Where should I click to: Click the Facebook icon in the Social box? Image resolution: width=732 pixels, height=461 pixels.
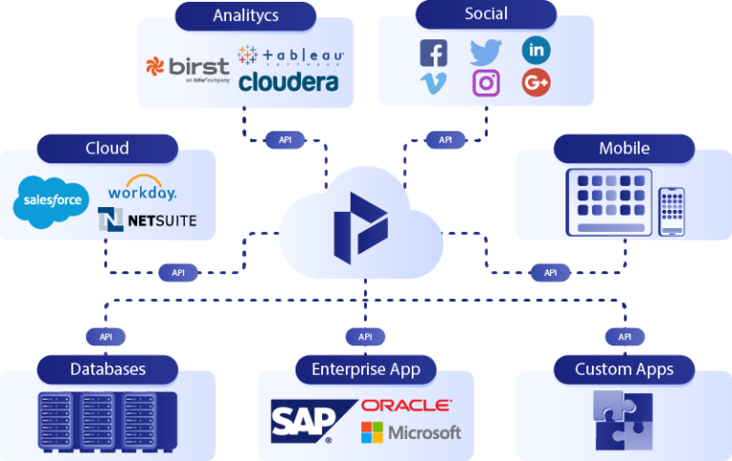434,52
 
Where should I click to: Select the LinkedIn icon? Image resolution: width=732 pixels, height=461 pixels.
536,50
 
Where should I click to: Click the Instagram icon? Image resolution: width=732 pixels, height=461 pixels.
486,84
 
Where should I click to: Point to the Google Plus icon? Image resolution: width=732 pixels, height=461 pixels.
536,83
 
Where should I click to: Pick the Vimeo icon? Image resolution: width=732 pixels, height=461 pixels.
434,84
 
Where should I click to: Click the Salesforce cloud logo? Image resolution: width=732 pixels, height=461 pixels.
50,202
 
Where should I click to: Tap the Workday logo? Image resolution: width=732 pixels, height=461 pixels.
142,192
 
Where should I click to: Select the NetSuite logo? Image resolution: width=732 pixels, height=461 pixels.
147,220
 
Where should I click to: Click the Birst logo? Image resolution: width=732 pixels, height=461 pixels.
188,68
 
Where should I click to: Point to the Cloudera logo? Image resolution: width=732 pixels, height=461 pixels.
289,83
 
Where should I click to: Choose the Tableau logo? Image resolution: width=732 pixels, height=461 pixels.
291,55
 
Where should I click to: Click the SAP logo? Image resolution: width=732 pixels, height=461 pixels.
303,421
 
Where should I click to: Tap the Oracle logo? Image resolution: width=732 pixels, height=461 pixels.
406,406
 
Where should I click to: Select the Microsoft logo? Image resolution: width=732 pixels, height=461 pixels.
411,432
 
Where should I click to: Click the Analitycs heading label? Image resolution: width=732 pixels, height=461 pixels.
246,14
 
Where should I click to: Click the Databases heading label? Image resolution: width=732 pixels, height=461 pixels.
108,368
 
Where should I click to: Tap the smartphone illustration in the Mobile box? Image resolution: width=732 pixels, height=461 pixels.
672,210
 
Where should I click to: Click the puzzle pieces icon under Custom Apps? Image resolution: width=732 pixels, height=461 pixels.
623,419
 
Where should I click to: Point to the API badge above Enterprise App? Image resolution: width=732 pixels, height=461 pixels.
365,336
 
